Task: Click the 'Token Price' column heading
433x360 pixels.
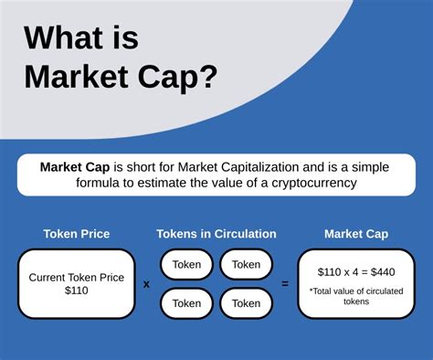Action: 77,234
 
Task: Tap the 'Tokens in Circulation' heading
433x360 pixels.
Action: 216,234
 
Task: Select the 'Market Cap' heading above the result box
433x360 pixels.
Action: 356,234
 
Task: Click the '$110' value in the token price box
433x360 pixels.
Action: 77,291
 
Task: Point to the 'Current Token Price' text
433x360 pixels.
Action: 77,277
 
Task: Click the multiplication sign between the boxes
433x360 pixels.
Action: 146,284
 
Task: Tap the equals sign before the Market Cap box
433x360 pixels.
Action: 285,284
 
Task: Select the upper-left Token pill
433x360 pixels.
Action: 187,264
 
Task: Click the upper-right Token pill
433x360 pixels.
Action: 246,264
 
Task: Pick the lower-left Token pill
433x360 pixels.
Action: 187,303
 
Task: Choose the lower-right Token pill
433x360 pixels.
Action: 246,303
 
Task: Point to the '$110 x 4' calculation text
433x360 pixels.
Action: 340,271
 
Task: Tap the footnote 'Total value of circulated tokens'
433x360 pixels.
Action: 355,295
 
